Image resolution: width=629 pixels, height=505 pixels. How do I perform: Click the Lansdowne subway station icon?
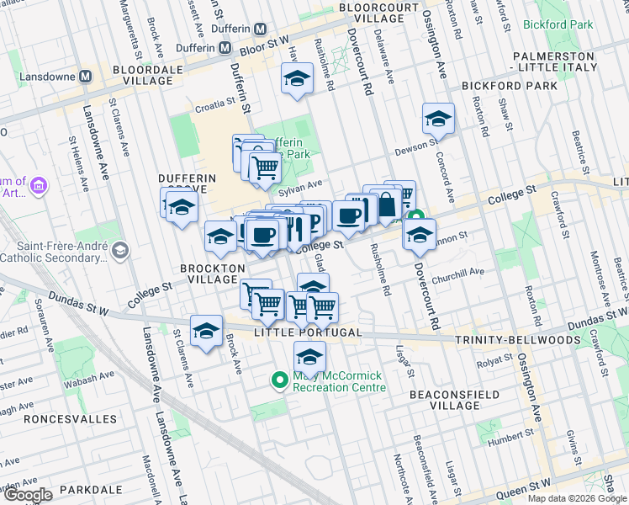(85, 77)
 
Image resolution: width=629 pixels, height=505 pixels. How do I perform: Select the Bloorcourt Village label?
(379, 13)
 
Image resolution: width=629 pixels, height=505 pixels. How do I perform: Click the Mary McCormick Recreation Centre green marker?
(280, 381)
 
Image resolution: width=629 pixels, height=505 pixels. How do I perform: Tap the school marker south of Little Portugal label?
(309, 357)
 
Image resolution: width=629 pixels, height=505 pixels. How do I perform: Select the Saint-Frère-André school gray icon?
(120, 250)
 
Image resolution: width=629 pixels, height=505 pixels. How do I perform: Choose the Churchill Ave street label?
(458, 273)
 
